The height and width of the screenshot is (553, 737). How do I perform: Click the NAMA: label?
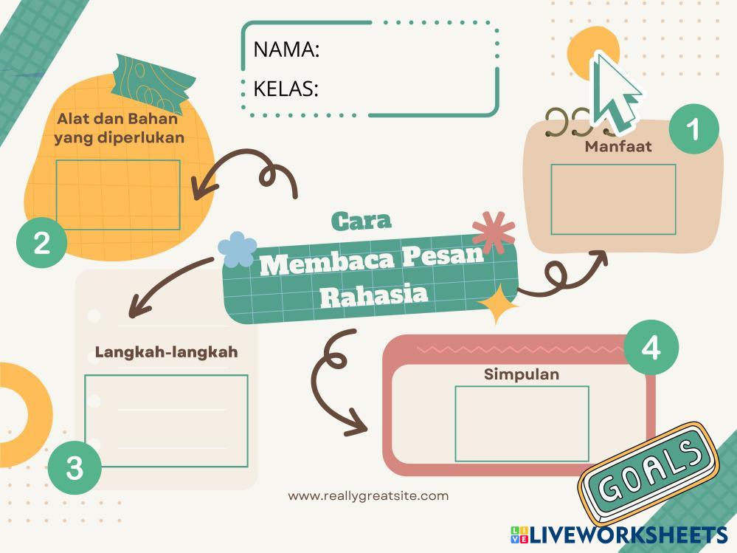click(286, 49)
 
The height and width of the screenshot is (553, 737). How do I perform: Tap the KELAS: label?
click(286, 89)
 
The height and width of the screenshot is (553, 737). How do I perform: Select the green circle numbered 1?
click(693, 130)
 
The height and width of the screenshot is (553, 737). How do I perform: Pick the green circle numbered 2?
click(42, 242)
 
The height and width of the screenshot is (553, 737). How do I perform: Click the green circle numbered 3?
click(75, 467)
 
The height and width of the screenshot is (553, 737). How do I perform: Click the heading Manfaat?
click(618, 146)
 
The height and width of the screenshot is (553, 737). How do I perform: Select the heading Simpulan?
click(522, 374)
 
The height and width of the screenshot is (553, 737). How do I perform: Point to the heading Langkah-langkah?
click(167, 352)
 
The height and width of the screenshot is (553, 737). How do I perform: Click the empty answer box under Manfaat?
click(613, 199)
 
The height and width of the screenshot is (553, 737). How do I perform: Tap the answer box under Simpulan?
click(522, 423)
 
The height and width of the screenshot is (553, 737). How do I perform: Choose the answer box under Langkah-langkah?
click(166, 421)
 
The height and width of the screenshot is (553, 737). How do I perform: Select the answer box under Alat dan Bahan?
click(118, 194)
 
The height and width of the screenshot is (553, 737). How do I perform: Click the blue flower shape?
click(237, 249)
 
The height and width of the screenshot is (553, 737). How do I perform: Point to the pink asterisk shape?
click(494, 232)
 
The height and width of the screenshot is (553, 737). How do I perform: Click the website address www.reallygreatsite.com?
click(368, 496)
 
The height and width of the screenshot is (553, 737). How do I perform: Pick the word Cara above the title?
click(361, 220)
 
